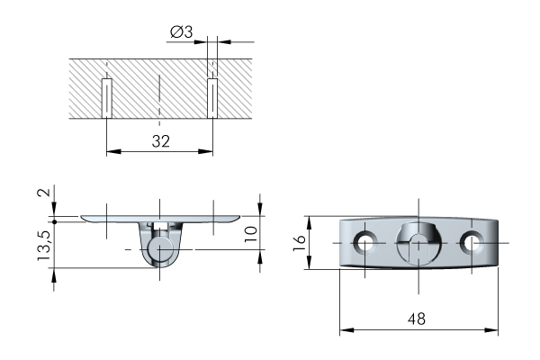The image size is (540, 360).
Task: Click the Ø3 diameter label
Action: click(181, 32)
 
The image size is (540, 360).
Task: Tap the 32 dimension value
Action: click(161, 141)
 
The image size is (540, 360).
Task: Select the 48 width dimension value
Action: click(417, 319)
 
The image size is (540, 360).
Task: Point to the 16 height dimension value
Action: click(300, 243)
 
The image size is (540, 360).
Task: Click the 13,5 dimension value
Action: click(44, 246)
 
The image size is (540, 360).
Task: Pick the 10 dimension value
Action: click(251, 234)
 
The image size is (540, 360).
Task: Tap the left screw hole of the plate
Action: click(365, 242)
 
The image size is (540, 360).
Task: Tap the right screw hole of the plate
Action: click(472, 242)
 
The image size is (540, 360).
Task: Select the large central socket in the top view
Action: click(418, 243)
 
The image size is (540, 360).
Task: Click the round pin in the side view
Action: click(159, 249)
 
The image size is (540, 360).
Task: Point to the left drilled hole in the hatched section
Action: click(107, 98)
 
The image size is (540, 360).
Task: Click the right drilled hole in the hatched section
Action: click(212, 98)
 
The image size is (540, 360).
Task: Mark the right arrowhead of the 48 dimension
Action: click(491, 330)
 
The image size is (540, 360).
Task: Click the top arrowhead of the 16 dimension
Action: click(309, 223)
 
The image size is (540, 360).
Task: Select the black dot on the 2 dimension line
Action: click(54, 221)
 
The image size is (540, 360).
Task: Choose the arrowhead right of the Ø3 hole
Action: click(224, 42)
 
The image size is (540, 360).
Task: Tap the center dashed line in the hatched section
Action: click(159, 100)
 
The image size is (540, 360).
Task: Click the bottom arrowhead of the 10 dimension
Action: click(260, 256)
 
